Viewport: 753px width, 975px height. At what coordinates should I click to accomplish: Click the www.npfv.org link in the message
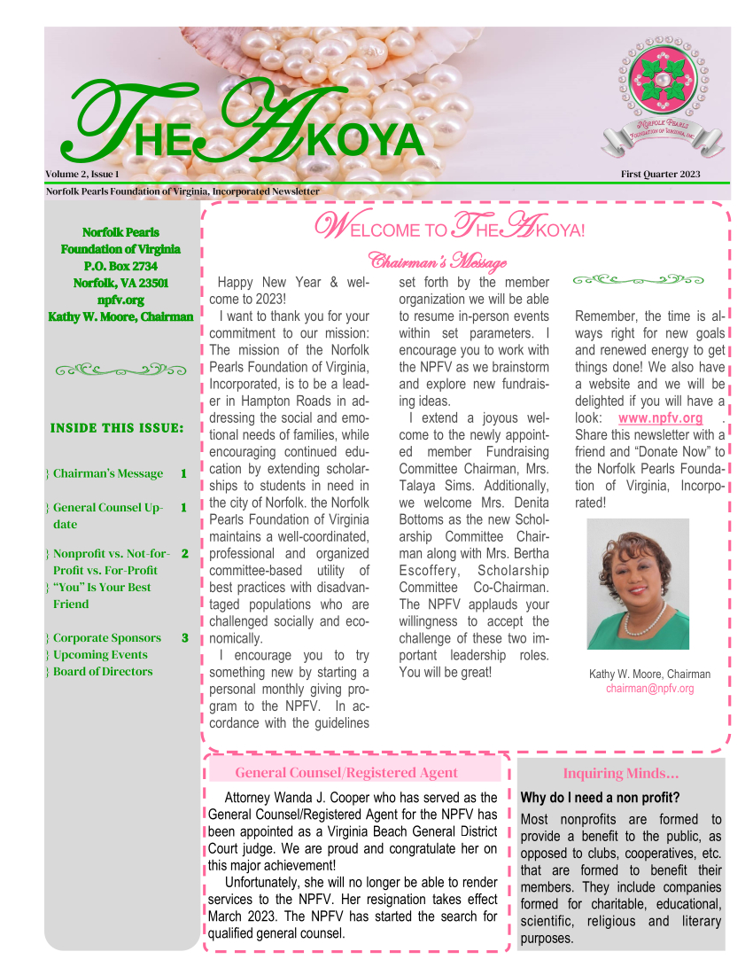point(660,418)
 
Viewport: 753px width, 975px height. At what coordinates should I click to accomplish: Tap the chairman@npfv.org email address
point(649,689)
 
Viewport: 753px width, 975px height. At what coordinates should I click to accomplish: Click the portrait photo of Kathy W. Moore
point(638,584)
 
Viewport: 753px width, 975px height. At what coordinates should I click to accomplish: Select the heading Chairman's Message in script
point(438,261)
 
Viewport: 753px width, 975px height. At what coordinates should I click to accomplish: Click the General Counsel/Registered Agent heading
point(346,773)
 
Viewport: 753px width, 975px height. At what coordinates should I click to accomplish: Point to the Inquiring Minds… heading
point(621,774)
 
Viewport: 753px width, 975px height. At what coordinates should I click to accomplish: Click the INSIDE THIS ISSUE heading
point(117,428)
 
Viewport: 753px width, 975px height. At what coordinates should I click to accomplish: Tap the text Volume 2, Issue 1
point(82,174)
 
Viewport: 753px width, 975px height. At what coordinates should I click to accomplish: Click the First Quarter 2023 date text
point(660,174)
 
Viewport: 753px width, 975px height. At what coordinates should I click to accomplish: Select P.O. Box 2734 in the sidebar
point(120,266)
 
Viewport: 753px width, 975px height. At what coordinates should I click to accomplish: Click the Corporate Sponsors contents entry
point(107,638)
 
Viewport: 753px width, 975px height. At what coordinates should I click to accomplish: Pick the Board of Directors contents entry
point(103,672)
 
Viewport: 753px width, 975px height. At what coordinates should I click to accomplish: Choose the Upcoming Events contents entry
point(100,655)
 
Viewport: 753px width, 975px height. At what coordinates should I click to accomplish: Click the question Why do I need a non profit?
point(600,798)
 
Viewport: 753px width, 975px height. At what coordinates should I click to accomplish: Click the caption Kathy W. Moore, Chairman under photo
point(649,675)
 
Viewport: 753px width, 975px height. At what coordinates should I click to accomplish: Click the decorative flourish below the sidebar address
point(120,369)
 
